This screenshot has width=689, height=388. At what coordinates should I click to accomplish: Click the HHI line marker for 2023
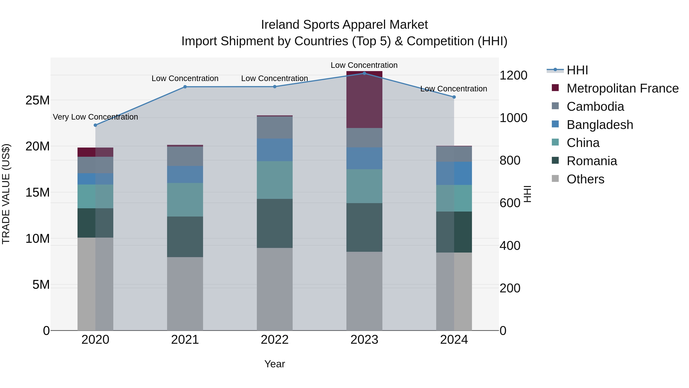point(364,73)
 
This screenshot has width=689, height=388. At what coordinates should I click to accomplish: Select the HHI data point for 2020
point(95,125)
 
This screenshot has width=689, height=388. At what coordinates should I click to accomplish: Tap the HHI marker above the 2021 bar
point(185,87)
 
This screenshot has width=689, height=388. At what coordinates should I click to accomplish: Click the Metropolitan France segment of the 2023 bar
point(364,100)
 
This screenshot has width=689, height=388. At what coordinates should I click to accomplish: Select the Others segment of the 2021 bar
point(185,294)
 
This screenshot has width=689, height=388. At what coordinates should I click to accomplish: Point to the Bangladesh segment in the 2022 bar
point(274,149)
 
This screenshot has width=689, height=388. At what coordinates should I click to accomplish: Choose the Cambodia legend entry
point(595,107)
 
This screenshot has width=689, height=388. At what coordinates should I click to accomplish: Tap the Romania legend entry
point(591,161)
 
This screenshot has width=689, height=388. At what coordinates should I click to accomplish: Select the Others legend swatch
point(555,179)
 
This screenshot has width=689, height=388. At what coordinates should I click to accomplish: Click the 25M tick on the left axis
point(38,100)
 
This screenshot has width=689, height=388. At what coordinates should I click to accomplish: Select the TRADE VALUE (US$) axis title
point(6,194)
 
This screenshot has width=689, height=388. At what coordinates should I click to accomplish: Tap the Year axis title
point(274,364)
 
